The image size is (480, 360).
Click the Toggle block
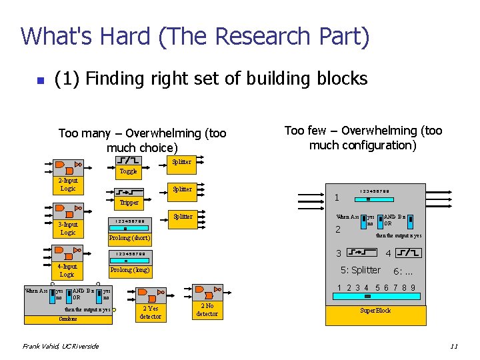[x=128, y=171]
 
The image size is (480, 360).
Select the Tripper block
[x=129, y=202]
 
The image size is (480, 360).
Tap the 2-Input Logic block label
[x=67, y=185]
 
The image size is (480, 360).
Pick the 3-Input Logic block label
[x=67, y=229]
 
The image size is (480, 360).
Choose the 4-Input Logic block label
[x=67, y=270]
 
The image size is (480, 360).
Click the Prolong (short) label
[x=130, y=238]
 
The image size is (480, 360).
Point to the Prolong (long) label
[x=130, y=270]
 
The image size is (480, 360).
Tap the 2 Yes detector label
[x=151, y=313]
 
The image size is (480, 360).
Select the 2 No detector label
[x=207, y=309]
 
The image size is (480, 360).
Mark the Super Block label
[x=375, y=311]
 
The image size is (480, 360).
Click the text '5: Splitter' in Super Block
[x=361, y=270]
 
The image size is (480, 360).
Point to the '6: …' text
[x=403, y=271]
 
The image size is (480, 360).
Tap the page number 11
[x=453, y=346]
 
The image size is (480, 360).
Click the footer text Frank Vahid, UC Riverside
[x=61, y=346]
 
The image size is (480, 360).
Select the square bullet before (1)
[x=40, y=81]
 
